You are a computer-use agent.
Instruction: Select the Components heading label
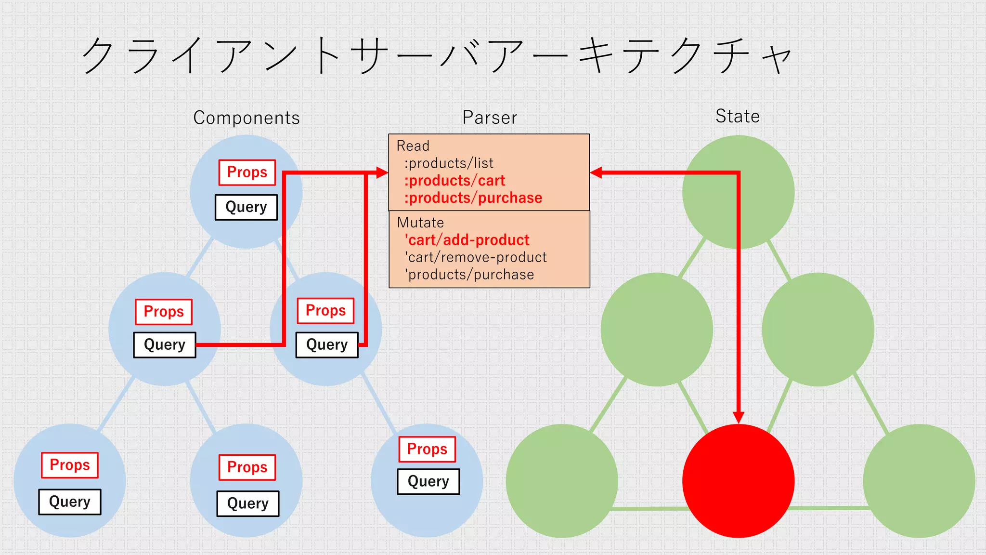pyautogui.click(x=246, y=118)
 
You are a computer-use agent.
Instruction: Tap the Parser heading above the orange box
pyautogui.click(x=490, y=118)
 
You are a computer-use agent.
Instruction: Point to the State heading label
pyautogui.click(x=737, y=116)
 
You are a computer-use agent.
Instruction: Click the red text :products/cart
pyautogui.click(x=454, y=181)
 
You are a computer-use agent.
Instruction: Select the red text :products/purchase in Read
pyautogui.click(x=473, y=198)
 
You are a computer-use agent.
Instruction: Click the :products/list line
pyautogui.click(x=449, y=163)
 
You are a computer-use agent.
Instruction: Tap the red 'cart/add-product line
pyautogui.click(x=467, y=240)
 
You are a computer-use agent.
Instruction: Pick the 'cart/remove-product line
pyautogui.click(x=476, y=257)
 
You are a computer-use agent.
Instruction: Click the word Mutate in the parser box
pyautogui.click(x=420, y=223)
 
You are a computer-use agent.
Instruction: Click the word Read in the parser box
pyautogui.click(x=413, y=146)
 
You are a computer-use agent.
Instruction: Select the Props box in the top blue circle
pyautogui.click(x=247, y=172)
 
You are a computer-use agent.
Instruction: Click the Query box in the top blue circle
pyautogui.click(x=246, y=207)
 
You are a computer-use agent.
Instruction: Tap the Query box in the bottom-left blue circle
pyautogui.click(x=70, y=502)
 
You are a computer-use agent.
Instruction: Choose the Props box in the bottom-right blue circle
pyautogui.click(x=427, y=449)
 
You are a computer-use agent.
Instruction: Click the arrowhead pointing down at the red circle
pyautogui.click(x=738, y=417)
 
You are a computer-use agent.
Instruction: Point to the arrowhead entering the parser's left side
pyautogui.click(x=382, y=172)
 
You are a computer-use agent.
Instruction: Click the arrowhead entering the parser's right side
pyautogui.click(x=596, y=172)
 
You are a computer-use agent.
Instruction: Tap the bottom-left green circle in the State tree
pyautogui.click(x=562, y=481)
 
